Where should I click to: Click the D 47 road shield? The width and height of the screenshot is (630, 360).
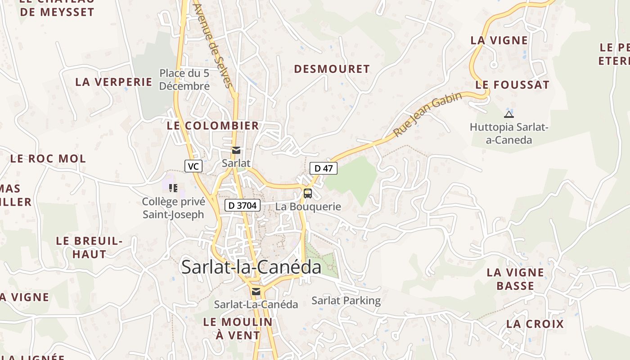click(x=324, y=169)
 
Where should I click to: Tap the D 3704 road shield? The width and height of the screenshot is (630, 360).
click(x=243, y=206)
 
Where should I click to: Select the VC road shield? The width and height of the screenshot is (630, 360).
click(x=193, y=166)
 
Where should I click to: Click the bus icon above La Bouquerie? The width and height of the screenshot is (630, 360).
click(x=308, y=193)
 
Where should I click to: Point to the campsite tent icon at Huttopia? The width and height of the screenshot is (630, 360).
click(x=509, y=114)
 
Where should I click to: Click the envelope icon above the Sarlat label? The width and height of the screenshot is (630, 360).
click(x=236, y=150)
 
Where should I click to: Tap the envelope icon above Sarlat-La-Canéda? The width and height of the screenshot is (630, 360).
click(x=256, y=292)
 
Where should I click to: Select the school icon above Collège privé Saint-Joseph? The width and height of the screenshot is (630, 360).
click(x=173, y=188)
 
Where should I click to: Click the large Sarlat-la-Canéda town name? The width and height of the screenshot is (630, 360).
click(x=251, y=267)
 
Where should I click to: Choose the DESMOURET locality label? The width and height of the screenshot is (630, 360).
click(x=332, y=69)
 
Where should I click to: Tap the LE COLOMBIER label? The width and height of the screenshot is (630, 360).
click(x=213, y=126)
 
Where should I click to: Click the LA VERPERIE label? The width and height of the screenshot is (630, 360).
click(x=114, y=82)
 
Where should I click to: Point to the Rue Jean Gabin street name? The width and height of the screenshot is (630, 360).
click(x=427, y=115)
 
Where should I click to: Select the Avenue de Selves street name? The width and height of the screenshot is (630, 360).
click(x=213, y=45)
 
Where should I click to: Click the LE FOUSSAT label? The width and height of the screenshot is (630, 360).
click(x=513, y=85)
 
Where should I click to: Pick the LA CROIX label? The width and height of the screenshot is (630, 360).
click(x=535, y=324)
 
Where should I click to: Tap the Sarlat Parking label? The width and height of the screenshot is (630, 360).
click(x=346, y=301)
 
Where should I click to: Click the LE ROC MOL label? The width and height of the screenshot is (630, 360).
click(x=48, y=158)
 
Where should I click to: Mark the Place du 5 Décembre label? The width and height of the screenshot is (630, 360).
click(x=184, y=79)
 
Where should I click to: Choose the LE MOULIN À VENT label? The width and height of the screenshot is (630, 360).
click(x=238, y=328)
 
